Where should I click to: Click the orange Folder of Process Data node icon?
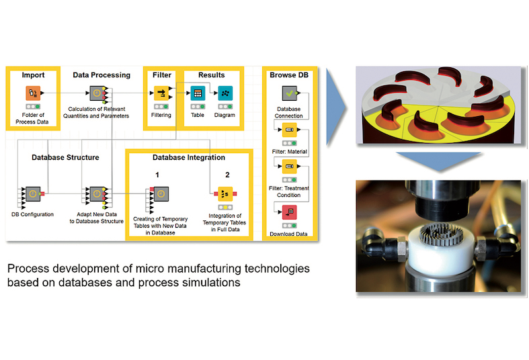click(34, 93)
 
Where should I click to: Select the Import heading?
click(33, 75)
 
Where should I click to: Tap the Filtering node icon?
click(161, 93)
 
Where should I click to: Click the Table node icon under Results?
click(198, 93)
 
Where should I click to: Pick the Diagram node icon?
click(225, 93)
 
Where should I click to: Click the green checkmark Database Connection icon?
click(290, 93)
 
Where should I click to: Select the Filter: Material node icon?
click(290, 129)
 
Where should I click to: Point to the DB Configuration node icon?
click(33, 193)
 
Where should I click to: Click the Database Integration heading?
click(188, 158)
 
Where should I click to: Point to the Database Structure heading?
click(65, 158)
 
